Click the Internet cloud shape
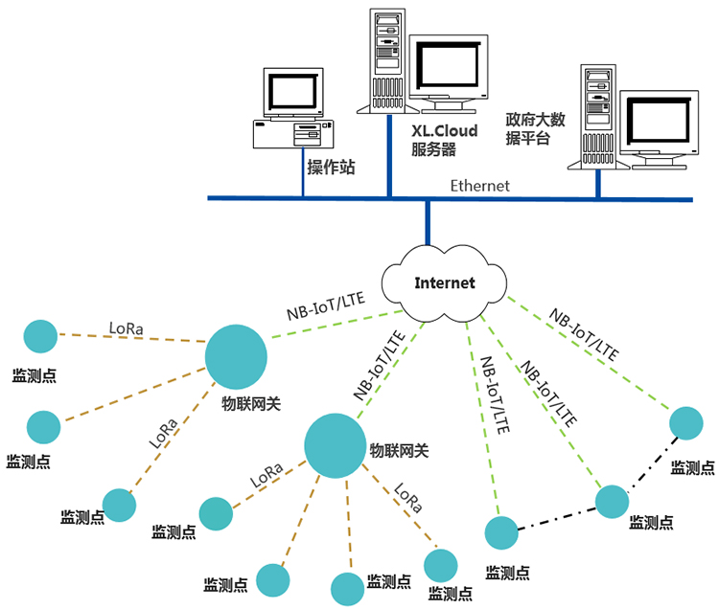coord(444,283)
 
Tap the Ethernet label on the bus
coord(479,186)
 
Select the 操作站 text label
coord(331,168)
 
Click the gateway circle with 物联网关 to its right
coord(336,445)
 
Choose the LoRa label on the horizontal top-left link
coord(127,328)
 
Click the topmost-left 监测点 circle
coord(41,336)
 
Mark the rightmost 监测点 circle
coord(686,423)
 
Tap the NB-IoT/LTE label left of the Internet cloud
coord(326,304)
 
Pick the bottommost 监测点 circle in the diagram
coord(349,589)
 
